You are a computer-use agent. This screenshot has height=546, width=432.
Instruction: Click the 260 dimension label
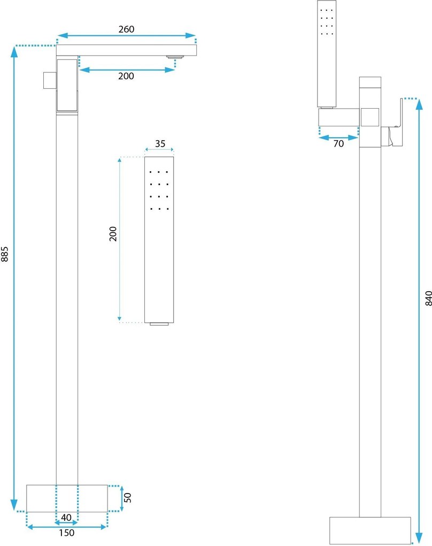point(126,29)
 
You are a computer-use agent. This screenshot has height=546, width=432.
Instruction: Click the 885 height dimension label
point(4,254)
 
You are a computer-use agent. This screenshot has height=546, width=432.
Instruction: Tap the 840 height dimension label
point(428,298)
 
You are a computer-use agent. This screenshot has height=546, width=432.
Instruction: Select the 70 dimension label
point(338,143)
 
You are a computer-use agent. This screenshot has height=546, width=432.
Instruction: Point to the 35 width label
point(160,143)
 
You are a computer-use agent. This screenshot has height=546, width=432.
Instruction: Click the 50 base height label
point(128,497)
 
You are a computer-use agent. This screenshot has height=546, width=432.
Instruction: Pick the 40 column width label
point(66,518)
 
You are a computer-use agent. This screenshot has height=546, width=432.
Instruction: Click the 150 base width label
point(66,533)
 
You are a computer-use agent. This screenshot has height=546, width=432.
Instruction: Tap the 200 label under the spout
point(126,76)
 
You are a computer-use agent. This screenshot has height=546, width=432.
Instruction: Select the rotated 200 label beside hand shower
point(113,233)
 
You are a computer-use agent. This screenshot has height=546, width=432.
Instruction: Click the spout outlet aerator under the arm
point(175,57)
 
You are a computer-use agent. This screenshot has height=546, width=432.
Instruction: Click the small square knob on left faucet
point(50,80)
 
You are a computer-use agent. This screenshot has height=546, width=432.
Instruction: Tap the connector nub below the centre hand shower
point(159,324)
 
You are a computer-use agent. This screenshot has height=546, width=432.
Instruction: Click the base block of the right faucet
point(370,530)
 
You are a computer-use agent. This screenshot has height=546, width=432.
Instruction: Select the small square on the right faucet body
point(370,117)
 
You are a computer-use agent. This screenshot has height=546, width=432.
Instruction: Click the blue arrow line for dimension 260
point(126,35)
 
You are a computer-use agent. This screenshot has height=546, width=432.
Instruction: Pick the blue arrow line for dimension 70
point(338,138)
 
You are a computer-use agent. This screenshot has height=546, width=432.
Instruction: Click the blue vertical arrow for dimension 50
point(121,499)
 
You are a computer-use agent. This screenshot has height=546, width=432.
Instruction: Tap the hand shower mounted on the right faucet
point(327,54)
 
